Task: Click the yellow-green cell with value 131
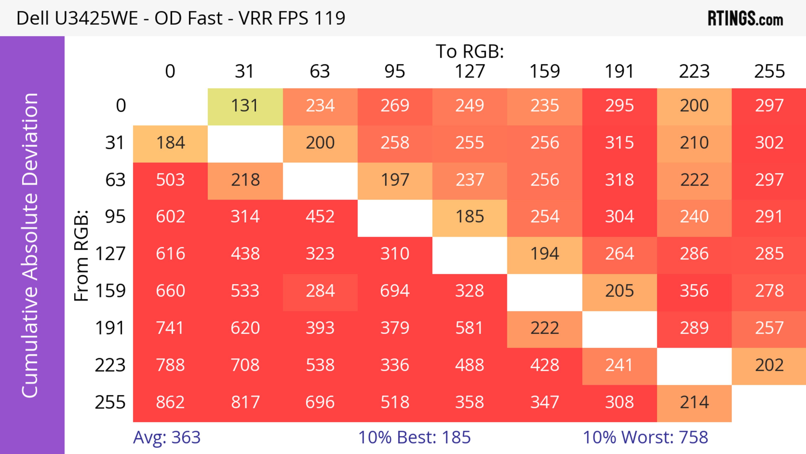coord(245,106)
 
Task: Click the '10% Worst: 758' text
coord(645,437)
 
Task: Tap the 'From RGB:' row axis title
coord(81,255)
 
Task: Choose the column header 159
coord(544,72)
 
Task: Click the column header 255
coord(769,72)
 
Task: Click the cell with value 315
coord(619,143)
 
